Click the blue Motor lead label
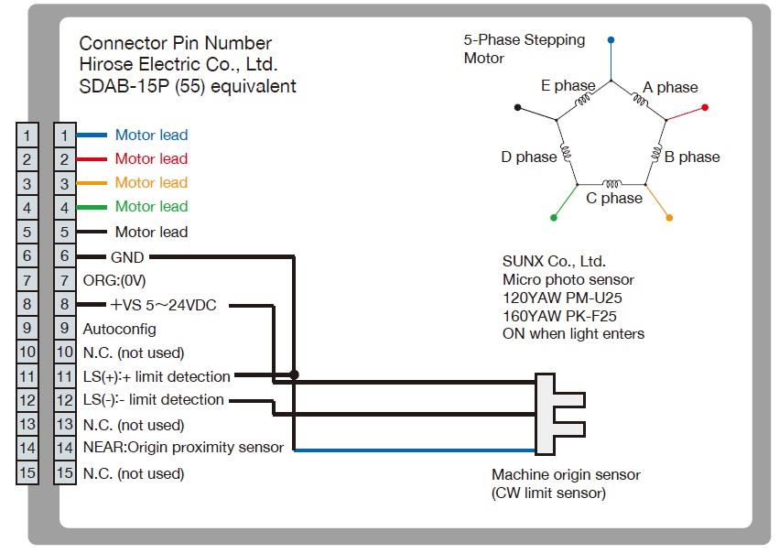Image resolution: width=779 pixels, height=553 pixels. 151,136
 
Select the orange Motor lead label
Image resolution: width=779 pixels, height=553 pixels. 151,183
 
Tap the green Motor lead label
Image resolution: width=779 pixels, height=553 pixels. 151,207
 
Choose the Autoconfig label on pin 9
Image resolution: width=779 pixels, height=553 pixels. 119,329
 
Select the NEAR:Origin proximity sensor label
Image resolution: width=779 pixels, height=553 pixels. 183,448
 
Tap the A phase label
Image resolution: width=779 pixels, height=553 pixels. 670,88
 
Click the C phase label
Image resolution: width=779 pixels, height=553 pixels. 614,199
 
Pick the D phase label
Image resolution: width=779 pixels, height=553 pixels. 528,157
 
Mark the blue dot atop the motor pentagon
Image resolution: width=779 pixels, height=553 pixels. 611,40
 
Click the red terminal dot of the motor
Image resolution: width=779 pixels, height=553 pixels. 705,107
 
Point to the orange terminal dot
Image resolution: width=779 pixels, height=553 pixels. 670,218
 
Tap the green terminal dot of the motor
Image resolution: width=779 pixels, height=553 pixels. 553,218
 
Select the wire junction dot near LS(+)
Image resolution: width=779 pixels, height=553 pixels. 293,374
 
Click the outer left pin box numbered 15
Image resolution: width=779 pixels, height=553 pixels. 27,473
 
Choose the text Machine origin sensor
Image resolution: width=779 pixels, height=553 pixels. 566,475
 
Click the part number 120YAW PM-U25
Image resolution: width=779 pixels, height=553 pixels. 557,298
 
